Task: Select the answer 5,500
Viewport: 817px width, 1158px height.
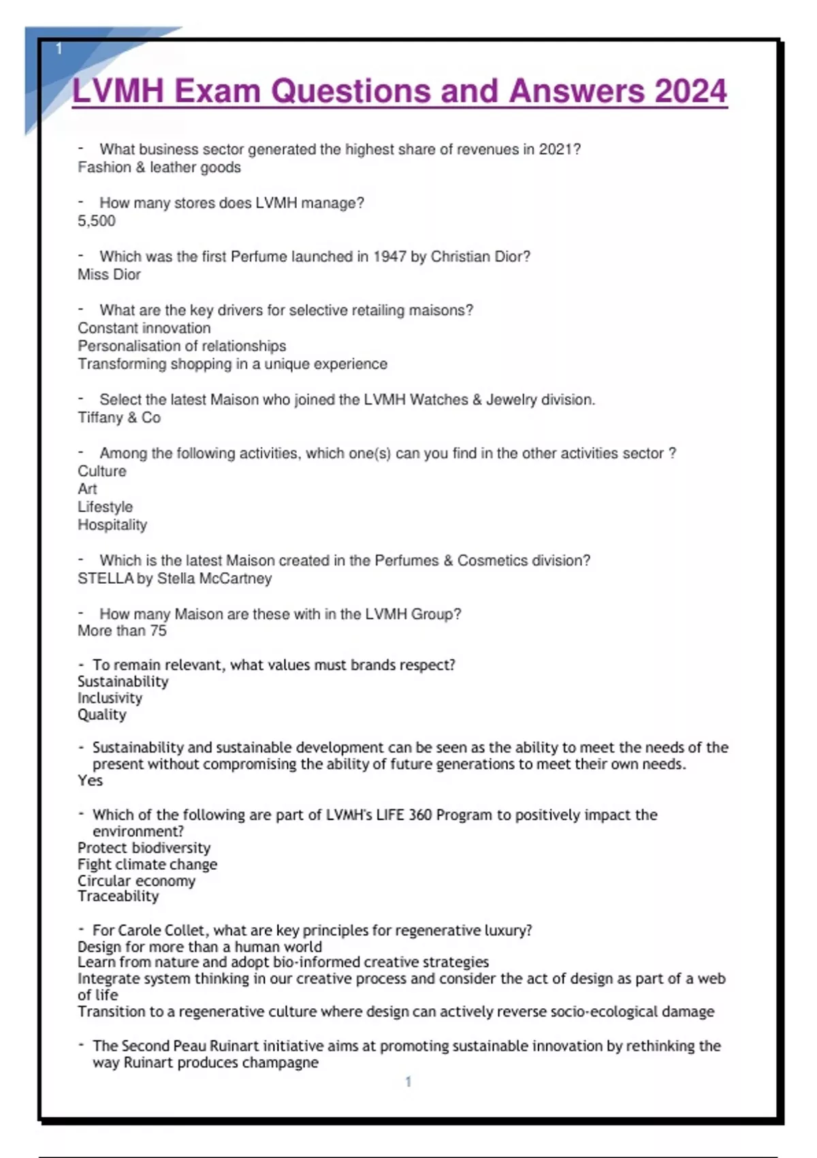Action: pos(97,221)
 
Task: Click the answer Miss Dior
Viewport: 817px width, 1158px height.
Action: pos(109,275)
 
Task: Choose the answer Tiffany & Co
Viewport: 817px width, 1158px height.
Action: pos(119,418)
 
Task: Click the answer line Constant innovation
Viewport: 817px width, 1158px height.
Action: pos(144,328)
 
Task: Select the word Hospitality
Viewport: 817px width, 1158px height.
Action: pos(112,525)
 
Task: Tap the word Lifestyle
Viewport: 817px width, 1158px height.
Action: pos(105,507)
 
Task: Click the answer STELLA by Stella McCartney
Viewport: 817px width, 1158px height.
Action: pos(174,578)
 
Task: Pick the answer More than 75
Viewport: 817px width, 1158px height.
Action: pos(122,631)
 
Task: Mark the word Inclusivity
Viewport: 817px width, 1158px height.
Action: pos(110,698)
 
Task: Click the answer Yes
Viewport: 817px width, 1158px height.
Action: pos(90,781)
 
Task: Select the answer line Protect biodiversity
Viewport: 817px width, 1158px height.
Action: pos(144,848)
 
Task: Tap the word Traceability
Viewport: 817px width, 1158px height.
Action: pos(118,896)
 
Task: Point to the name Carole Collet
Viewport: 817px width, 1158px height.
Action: pos(161,930)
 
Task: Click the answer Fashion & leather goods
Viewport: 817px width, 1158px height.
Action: pos(159,168)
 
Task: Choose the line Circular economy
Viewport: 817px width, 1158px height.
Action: pos(136,881)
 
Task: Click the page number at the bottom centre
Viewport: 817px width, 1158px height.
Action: pos(408,1082)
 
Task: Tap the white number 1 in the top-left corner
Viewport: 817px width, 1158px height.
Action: pos(59,48)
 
